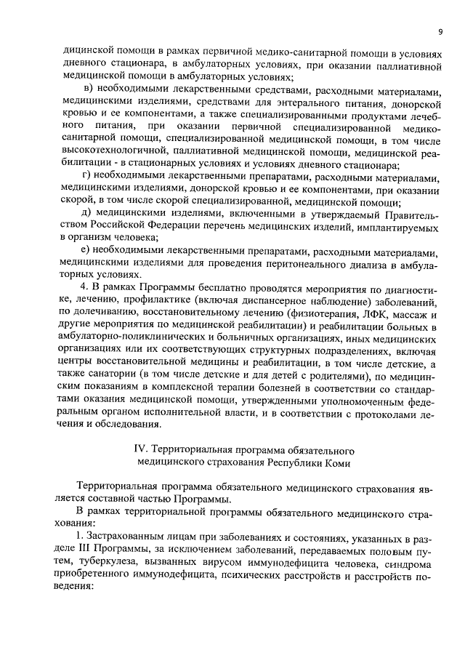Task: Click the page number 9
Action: [441, 31]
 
